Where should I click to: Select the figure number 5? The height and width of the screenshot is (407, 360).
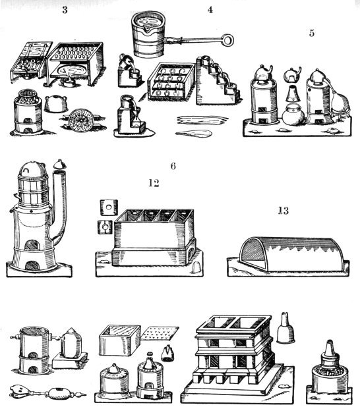pyautogui.click(x=311, y=32)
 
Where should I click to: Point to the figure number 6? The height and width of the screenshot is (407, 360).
pyautogui.click(x=173, y=165)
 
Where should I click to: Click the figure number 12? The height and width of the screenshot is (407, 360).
pyautogui.click(x=154, y=184)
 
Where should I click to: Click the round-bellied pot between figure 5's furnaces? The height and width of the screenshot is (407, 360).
pyautogui.click(x=292, y=116)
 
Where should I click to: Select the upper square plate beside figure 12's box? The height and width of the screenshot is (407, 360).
pyautogui.click(x=103, y=205)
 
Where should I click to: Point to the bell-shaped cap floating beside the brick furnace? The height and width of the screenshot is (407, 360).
pyautogui.click(x=286, y=327)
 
